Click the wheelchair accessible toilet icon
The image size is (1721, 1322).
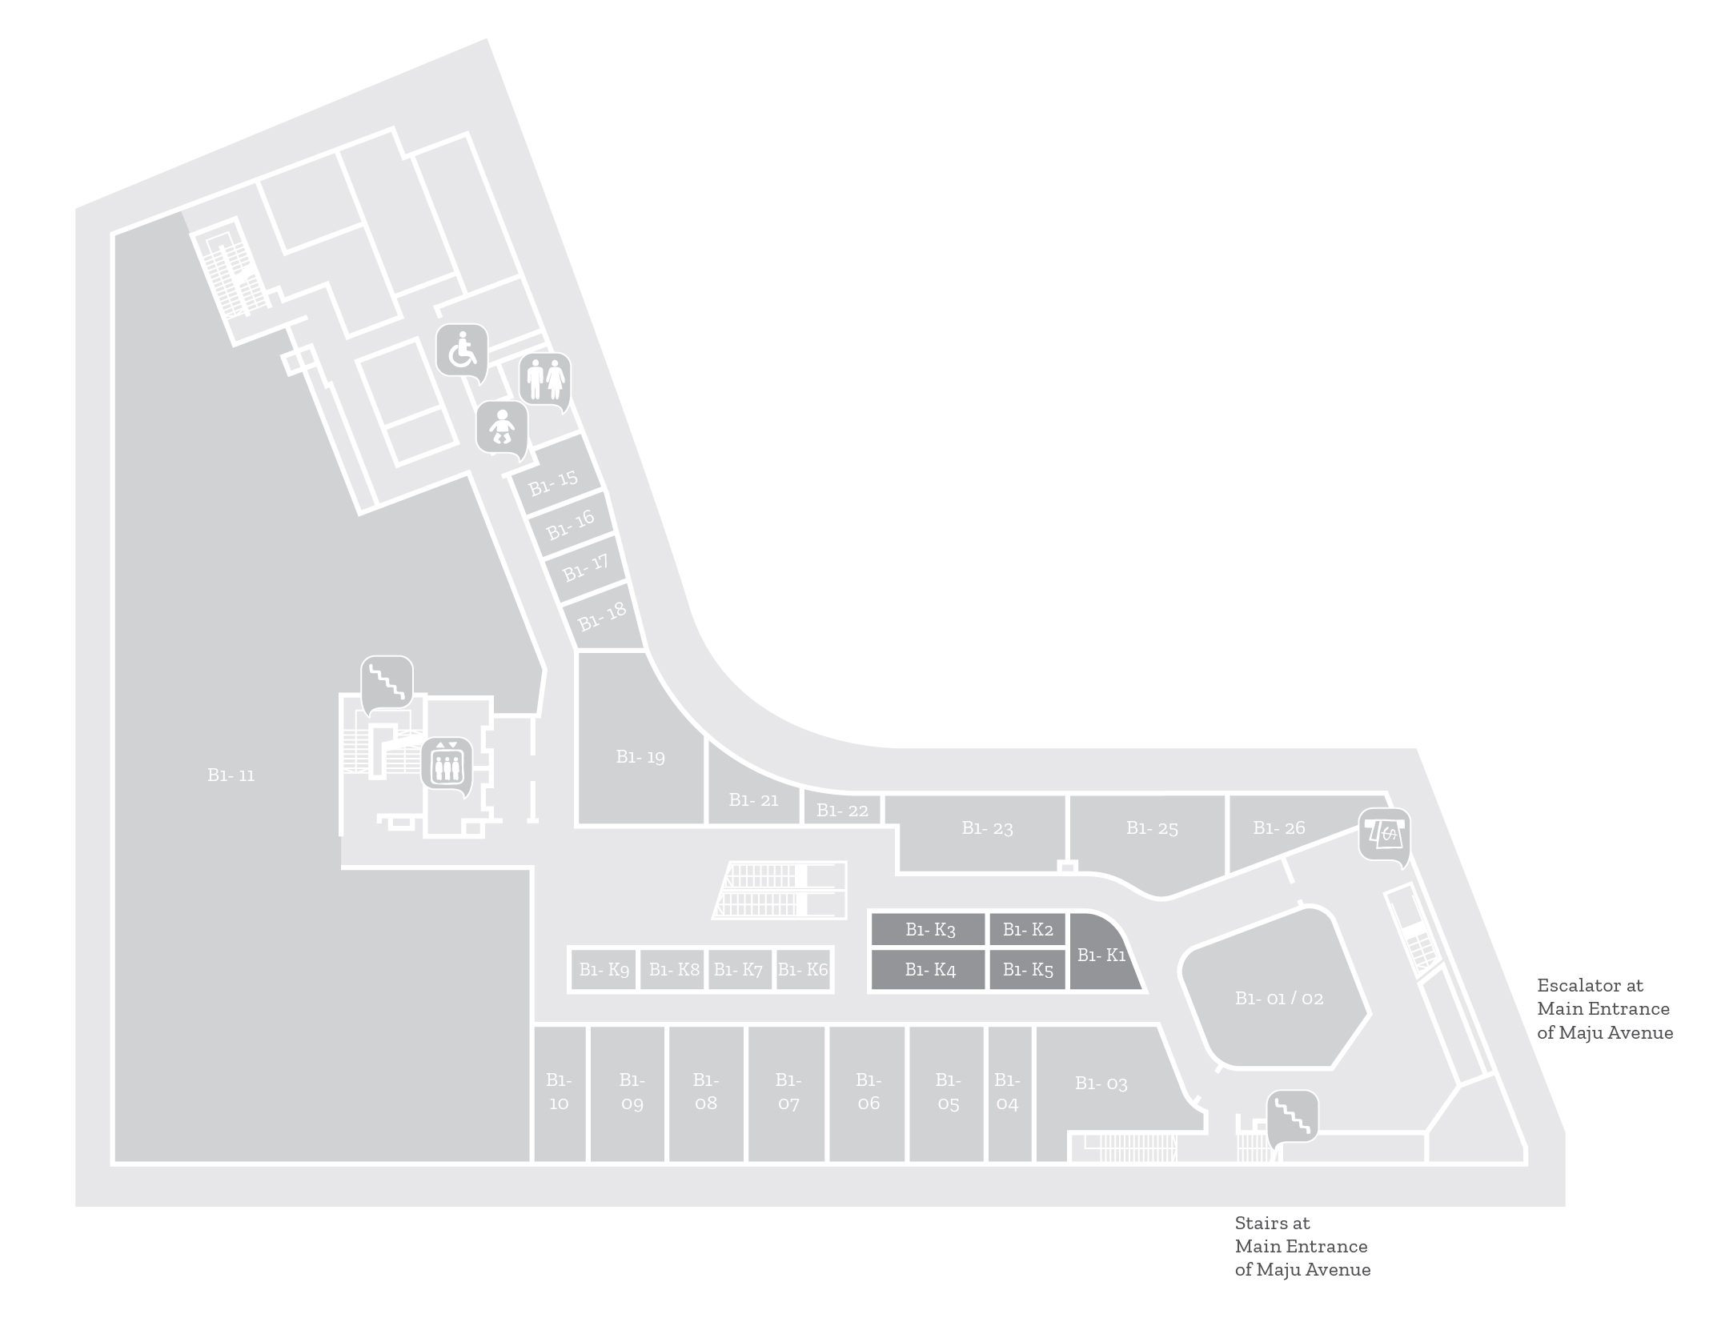462,351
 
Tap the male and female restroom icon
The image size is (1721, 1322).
545,379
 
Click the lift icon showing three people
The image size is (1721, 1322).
447,764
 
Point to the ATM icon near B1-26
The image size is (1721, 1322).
1384,835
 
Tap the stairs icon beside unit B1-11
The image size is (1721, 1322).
387,683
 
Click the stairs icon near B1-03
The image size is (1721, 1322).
1292,1116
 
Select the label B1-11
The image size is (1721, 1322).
231,775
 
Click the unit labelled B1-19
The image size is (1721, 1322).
640,756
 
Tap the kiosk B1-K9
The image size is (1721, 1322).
604,969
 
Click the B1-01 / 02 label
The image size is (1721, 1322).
1279,998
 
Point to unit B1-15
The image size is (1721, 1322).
553,483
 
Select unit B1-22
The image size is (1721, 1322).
842,810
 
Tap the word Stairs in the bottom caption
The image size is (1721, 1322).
1261,1223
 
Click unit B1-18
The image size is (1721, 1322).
602,616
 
